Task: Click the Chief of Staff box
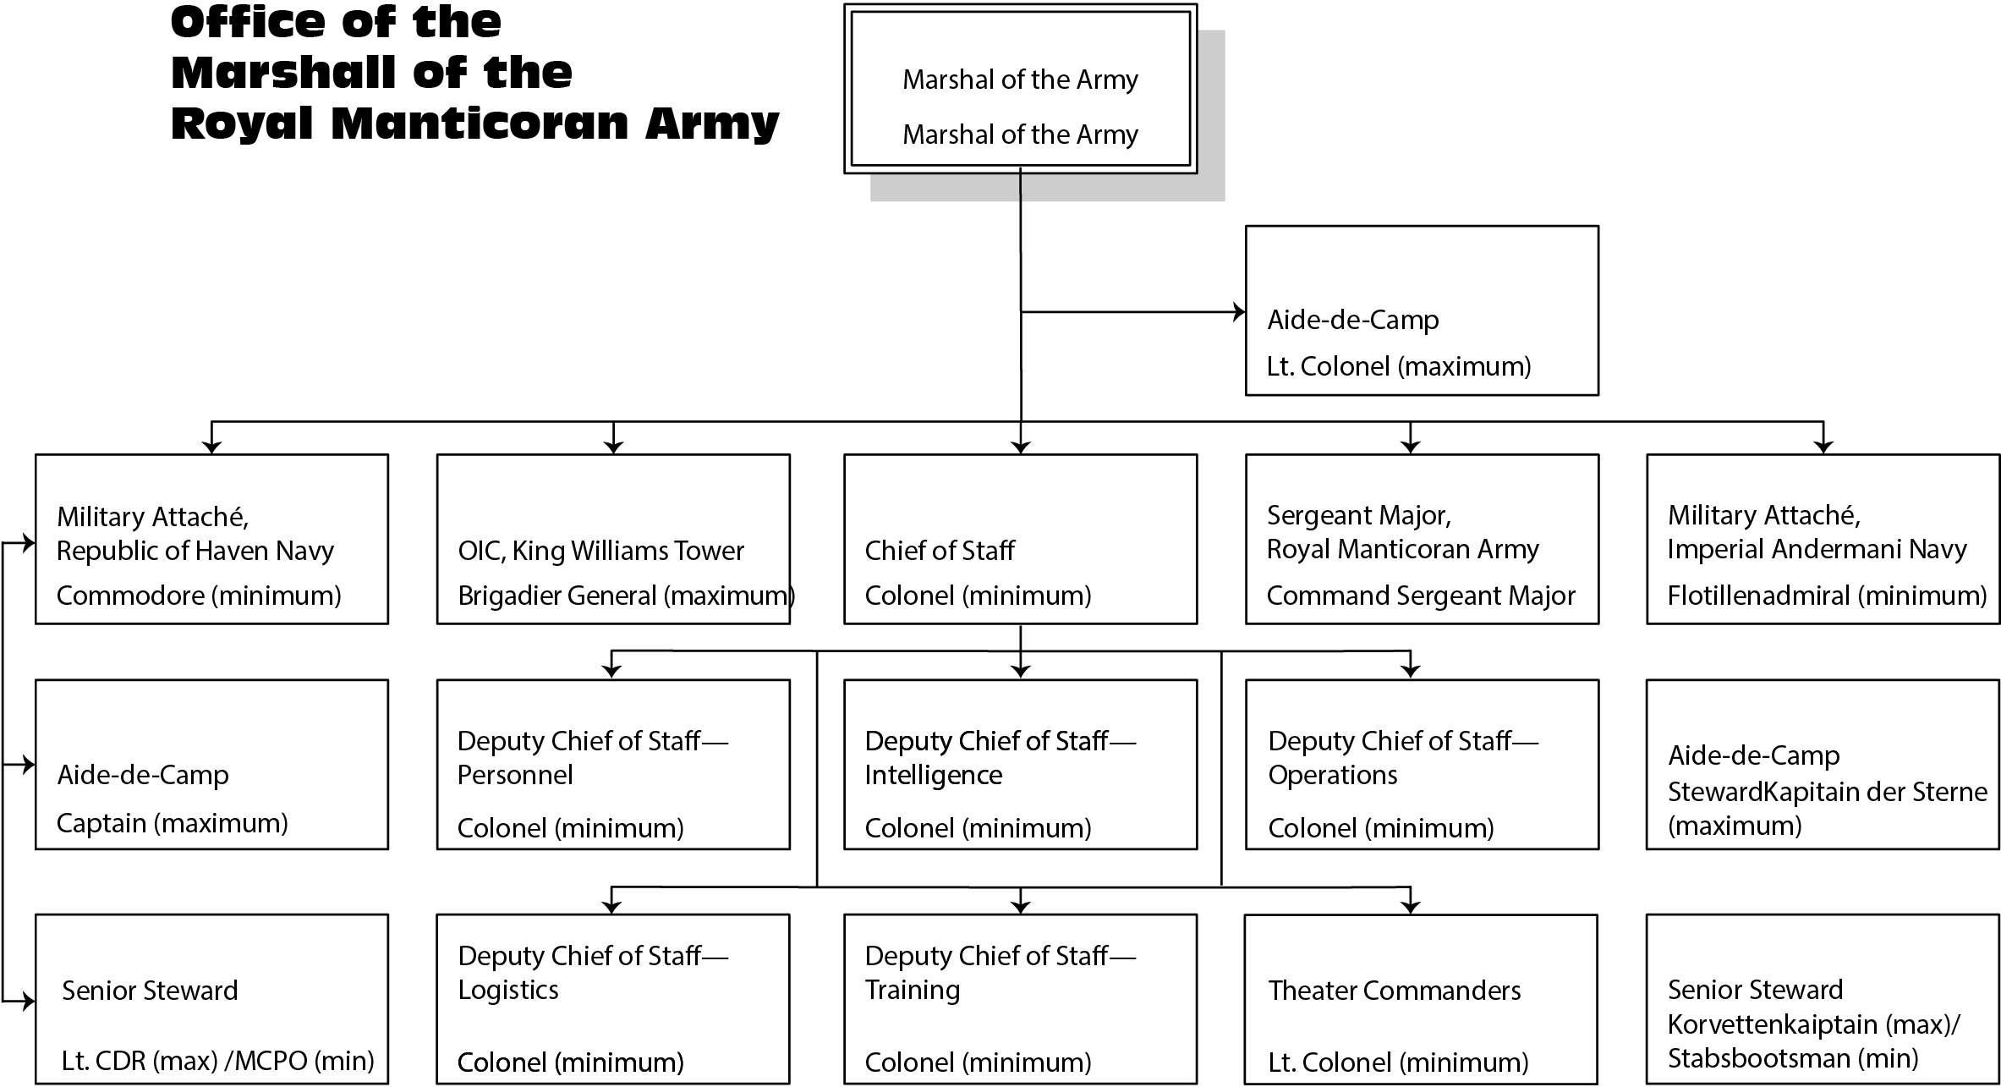pos(1020,539)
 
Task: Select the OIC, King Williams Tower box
pos(613,539)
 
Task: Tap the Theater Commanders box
pos(1421,998)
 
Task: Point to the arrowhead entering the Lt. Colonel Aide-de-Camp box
pos(1239,312)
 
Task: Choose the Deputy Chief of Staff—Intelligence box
pos(1020,764)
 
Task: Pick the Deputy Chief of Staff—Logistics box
pos(613,998)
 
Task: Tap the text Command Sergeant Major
pos(1421,596)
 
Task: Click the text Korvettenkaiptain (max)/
pos(1813,1024)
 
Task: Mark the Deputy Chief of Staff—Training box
pos(1020,998)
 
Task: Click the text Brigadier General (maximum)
pos(626,596)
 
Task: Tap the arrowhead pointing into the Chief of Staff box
pos(1021,447)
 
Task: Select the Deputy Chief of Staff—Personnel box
pos(613,764)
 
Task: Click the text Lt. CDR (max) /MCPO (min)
pos(217,1061)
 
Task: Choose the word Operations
pos(1333,775)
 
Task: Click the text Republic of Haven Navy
pos(195,551)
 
